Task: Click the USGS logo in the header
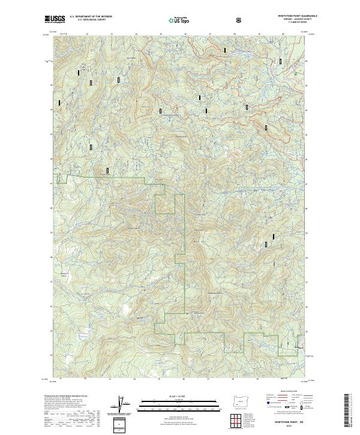coord(55,19)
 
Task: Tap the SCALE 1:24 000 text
coord(180,395)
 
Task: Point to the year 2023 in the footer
coord(292,427)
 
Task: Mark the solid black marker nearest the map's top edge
coord(225,50)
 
